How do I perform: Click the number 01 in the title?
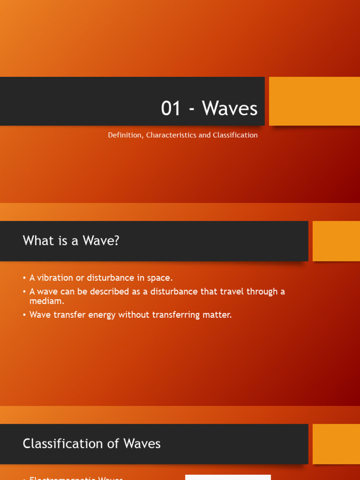click(x=171, y=109)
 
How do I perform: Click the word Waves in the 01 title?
click(x=230, y=109)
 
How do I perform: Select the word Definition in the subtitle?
click(x=125, y=135)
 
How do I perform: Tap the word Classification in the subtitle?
click(x=235, y=135)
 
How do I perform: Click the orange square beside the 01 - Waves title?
click(x=314, y=101)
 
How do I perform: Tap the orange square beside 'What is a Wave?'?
click(x=336, y=241)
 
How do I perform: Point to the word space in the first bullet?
click(x=160, y=278)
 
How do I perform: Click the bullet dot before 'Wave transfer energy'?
click(x=24, y=315)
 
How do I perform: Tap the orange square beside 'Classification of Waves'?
click(x=336, y=444)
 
